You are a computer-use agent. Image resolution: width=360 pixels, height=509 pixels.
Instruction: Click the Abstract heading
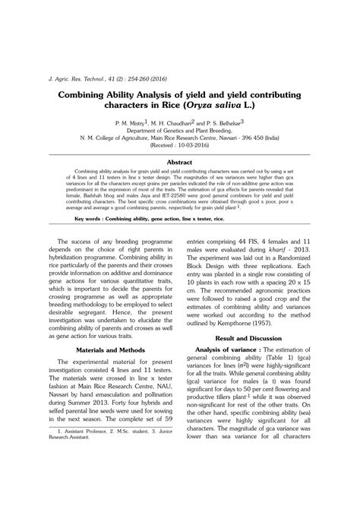point(179,163)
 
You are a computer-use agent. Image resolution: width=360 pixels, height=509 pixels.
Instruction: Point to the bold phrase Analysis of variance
point(226,349)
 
